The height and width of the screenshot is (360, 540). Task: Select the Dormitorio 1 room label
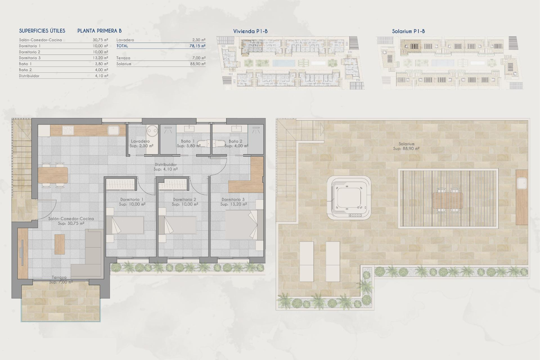(x=132, y=200)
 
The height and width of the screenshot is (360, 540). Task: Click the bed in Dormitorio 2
(x=180, y=225)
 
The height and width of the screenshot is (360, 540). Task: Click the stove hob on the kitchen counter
(x=68, y=130)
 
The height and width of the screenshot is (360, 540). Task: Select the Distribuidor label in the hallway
(x=166, y=165)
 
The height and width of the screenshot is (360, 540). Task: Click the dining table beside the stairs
(x=53, y=175)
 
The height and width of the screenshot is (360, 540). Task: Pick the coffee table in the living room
(x=60, y=244)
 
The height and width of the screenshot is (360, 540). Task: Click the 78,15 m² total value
(x=197, y=46)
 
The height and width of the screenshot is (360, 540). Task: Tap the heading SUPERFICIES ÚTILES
(x=42, y=31)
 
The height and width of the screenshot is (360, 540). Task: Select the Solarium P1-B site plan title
(x=408, y=31)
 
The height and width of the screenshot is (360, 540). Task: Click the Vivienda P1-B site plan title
(x=250, y=31)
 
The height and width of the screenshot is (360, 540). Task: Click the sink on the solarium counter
(x=521, y=184)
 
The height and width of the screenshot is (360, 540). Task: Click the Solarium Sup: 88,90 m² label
(x=406, y=146)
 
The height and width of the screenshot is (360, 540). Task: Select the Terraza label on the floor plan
(x=59, y=278)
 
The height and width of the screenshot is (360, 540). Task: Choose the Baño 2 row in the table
(x=63, y=70)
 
